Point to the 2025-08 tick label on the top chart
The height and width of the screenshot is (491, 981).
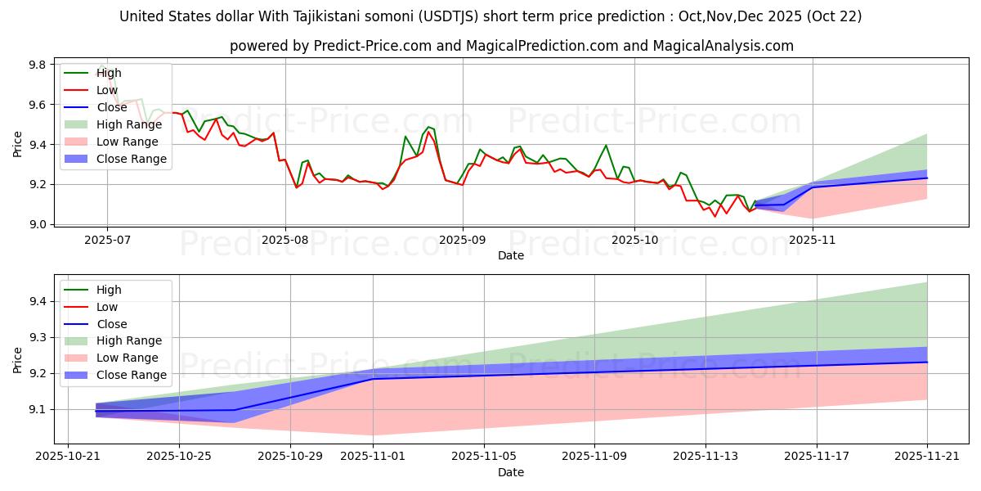pyautogui.click(x=285, y=241)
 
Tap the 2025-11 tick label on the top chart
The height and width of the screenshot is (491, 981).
pyautogui.click(x=813, y=241)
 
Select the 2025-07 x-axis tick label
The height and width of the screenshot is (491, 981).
pyautogui.click(x=107, y=241)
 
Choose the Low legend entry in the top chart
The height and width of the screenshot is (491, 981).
pyautogui.click(x=107, y=90)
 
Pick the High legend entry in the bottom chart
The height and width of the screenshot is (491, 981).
pyautogui.click(x=109, y=290)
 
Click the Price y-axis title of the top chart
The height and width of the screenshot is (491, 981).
pyautogui.click(x=18, y=143)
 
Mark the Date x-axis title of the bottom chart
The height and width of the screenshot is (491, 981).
pyautogui.click(x=511, y=472)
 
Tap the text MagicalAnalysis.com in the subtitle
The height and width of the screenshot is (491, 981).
pyautogui.click(x=723, y=46)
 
